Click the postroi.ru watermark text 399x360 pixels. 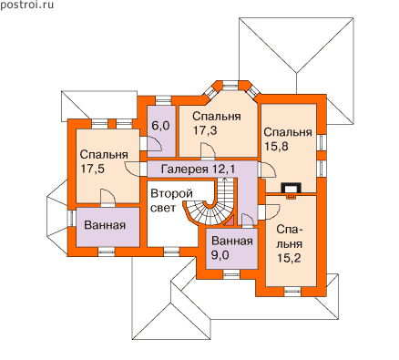pos(26,5)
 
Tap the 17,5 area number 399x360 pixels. pos(93,169)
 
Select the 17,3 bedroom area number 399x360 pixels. pos(205,130)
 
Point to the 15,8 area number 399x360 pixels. pos(276,147)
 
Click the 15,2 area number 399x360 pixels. pos(289,258)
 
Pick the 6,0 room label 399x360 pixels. pos(160,126)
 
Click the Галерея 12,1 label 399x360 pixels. pos(198,170)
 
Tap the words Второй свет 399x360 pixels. pos(172,201)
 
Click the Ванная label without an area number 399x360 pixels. pos(105,225)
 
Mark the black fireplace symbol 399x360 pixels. pos(292,189)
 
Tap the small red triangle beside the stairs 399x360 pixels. pos(230,221)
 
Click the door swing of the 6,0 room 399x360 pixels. pos(155,143)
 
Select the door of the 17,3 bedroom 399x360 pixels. pos(209,151)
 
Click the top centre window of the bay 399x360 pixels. pos(230,85)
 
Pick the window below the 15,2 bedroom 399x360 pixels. pos(292,291)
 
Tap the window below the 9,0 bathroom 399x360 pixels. pos(231,274)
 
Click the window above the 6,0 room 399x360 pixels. pos(164,100)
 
